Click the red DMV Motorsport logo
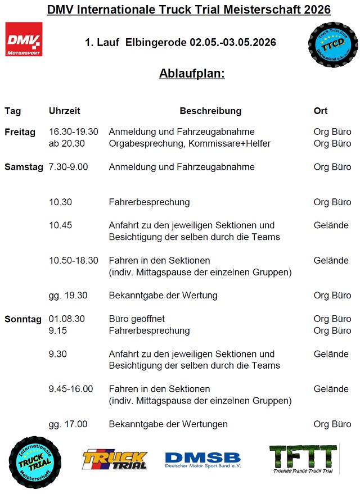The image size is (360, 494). (24, 39)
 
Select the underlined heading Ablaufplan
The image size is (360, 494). (192, 74)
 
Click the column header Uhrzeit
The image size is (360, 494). (65, 111)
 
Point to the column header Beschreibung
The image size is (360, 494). (210, 111)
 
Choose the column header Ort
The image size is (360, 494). (321, 111)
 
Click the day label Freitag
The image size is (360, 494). (20, 132)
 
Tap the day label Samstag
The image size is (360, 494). (24, 167)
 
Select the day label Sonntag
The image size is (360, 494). (23, 319)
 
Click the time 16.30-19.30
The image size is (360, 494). (74, 132)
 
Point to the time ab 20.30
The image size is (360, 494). (67, 143)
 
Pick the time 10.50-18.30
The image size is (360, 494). (74, 261)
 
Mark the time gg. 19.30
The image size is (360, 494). (68, 296)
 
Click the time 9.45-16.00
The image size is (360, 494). (71, 389)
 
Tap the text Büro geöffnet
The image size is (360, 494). (137, 319)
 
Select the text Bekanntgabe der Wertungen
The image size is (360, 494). (168, 424)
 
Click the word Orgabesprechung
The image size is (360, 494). (143, 143)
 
